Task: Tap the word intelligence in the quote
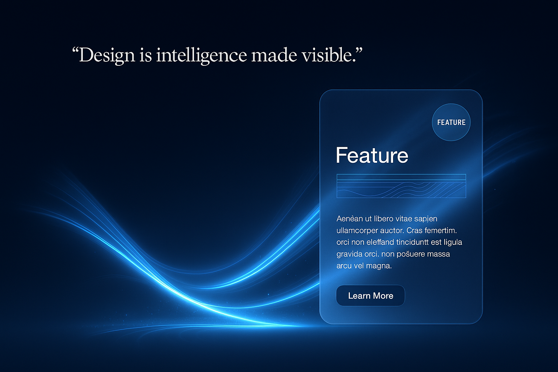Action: [x=202, y=56]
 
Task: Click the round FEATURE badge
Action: [x=451, y=122]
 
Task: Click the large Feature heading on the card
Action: [x=372, y=155]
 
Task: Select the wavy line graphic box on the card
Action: [x=401, y=186]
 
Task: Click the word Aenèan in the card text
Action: [x=349, y=219]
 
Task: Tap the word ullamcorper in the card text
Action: [x=357, y=230]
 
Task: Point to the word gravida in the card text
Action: [x=349, y=254]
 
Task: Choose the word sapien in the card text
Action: [x=426, y=219]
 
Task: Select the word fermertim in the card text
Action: [x=440, y=230]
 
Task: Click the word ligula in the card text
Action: [x=453, y=242]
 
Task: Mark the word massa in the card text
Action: [x=438, y=254]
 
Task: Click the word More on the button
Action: [x=383, y=296]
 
